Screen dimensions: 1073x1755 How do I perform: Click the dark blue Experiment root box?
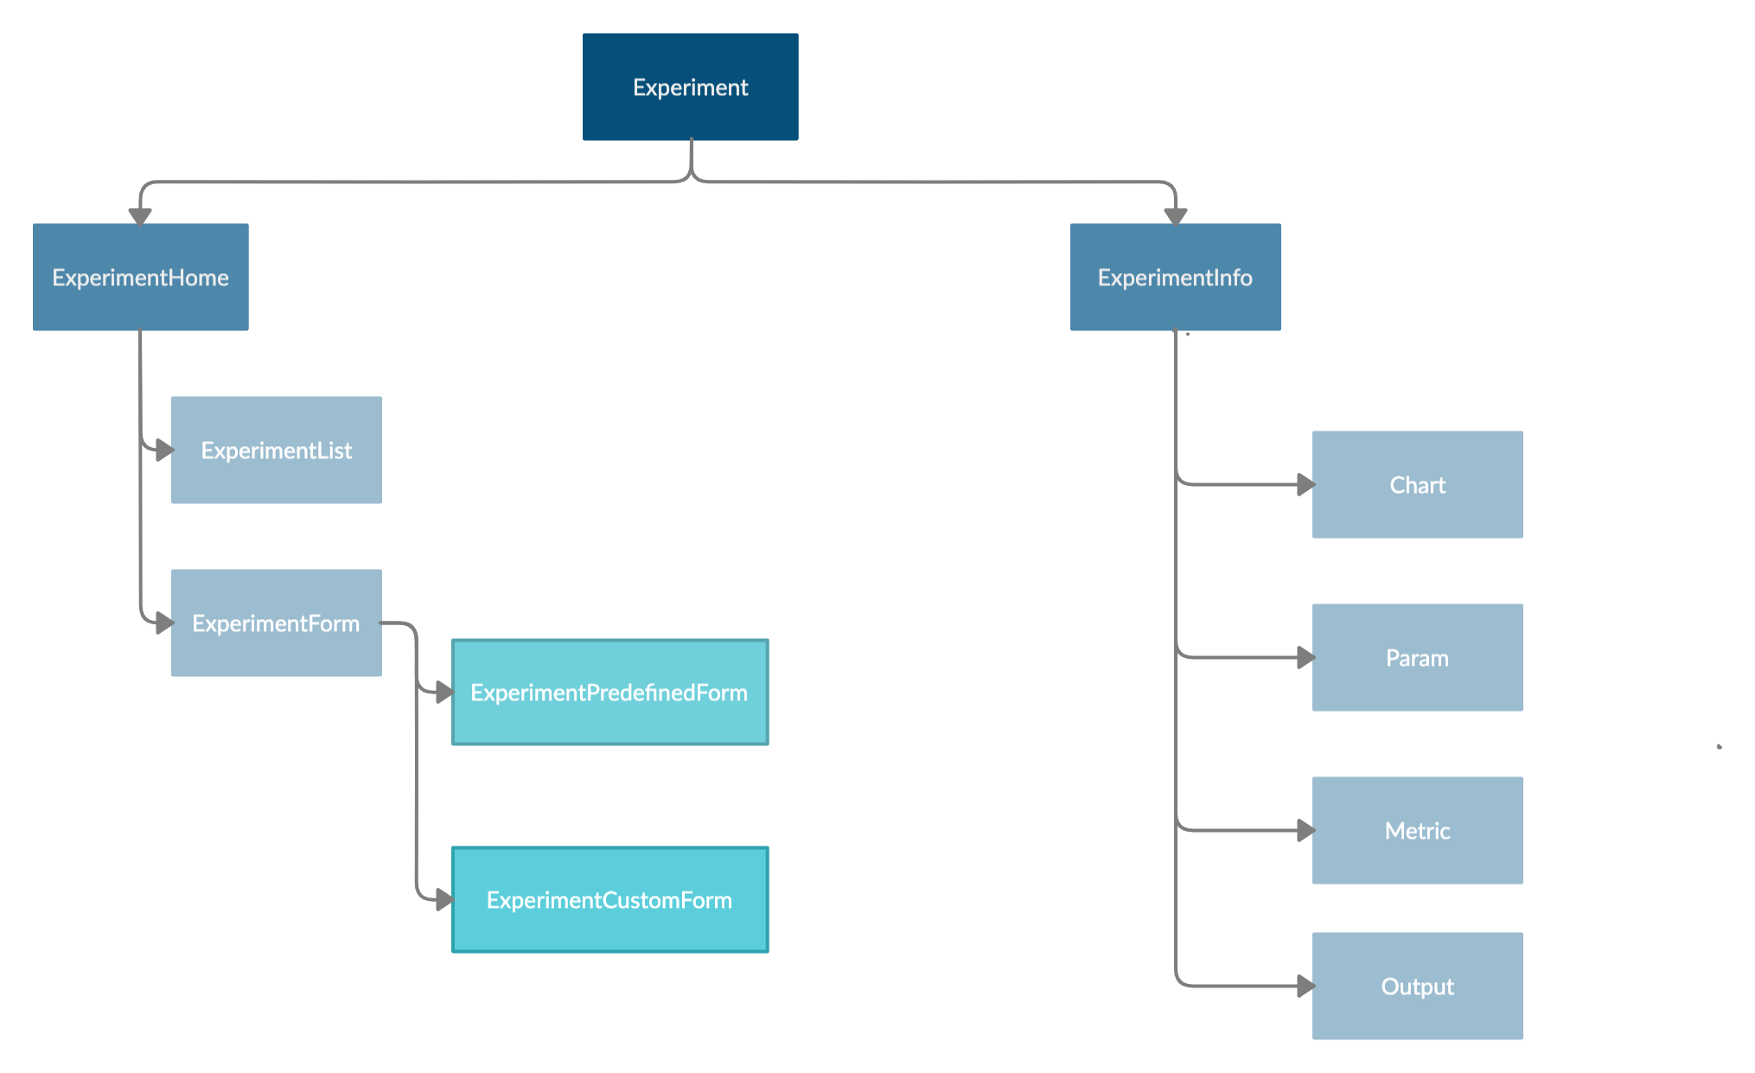tap(690, 86)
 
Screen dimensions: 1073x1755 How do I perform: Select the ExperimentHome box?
tap(140, 277)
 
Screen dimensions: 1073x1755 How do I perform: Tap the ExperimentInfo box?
tap(1175, 277)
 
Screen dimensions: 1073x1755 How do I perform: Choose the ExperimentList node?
tap(276, 450)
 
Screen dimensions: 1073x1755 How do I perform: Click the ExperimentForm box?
tap(276, 623)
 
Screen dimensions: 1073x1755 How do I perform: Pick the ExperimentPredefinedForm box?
tap(609, 692)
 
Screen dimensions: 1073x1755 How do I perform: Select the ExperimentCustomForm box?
tap(609, 899)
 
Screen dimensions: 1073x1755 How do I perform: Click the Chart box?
tap(1417, 484)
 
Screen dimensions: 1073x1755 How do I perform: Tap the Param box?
tap(1417, 657)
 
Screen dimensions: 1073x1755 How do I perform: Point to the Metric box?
tap(1417, 830)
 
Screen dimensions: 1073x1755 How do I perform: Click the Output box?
tap(1417, 986)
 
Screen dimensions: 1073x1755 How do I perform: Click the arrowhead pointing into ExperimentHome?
tap(140, 216)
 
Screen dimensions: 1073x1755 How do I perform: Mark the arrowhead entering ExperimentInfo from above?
tap(1175, 216)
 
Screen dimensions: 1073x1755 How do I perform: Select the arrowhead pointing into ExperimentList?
tap(163, 450)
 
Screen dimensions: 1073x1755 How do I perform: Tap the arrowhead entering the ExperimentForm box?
tap(163, 623)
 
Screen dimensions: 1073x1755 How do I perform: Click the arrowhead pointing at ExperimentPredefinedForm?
tap(444, 692)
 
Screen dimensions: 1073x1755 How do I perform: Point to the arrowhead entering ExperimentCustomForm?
tap(444, 899)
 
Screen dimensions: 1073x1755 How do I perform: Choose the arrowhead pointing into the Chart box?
tap(1305, 484)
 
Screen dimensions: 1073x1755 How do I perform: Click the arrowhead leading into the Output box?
tap(1305, 986)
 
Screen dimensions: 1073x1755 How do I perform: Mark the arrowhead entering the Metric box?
tap(1305, 830)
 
